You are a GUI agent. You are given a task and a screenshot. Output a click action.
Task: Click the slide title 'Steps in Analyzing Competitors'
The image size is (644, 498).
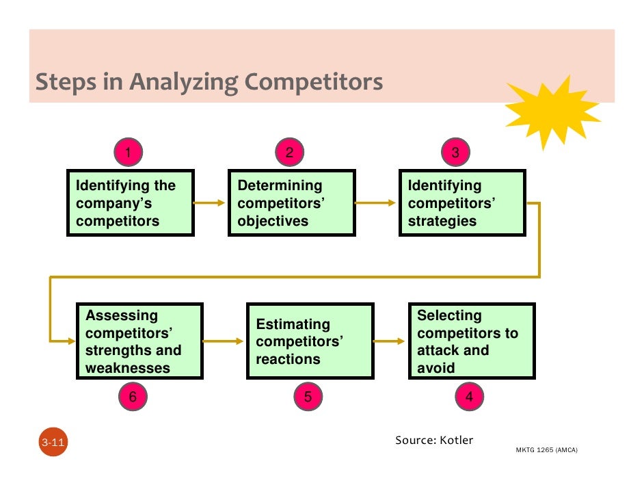tap(209, 83)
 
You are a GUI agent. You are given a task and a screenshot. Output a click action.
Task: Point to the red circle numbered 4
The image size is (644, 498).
tap(469, 397)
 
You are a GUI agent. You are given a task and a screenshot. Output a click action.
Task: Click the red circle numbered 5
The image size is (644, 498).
tap(308, 397)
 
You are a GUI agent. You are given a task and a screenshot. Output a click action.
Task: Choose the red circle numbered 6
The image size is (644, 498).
tap(133, 397)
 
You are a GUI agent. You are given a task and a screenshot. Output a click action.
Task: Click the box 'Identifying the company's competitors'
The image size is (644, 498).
tap(130, 203)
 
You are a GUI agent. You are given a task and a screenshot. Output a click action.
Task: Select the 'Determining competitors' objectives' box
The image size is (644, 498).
tap(291, 203)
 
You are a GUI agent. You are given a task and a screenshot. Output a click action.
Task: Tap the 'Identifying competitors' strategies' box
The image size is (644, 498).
tap(462, 203)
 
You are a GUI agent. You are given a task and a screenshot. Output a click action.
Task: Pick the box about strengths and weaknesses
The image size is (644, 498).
tap(139, 341)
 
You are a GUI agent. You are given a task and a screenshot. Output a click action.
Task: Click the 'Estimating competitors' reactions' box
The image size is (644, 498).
tap(310, 341)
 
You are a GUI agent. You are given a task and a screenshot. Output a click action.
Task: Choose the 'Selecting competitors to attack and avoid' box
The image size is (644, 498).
tap(472, 341)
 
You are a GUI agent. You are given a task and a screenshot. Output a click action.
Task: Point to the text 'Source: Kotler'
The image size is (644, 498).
tap(434, 440)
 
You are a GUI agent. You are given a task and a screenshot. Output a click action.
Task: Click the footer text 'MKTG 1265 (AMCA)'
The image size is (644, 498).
tap(546, 451)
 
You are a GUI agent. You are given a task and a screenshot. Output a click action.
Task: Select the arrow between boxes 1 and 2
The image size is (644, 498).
tap(210, 202)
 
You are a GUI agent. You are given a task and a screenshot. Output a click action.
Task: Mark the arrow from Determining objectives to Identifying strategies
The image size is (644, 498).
tap(376, 202)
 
